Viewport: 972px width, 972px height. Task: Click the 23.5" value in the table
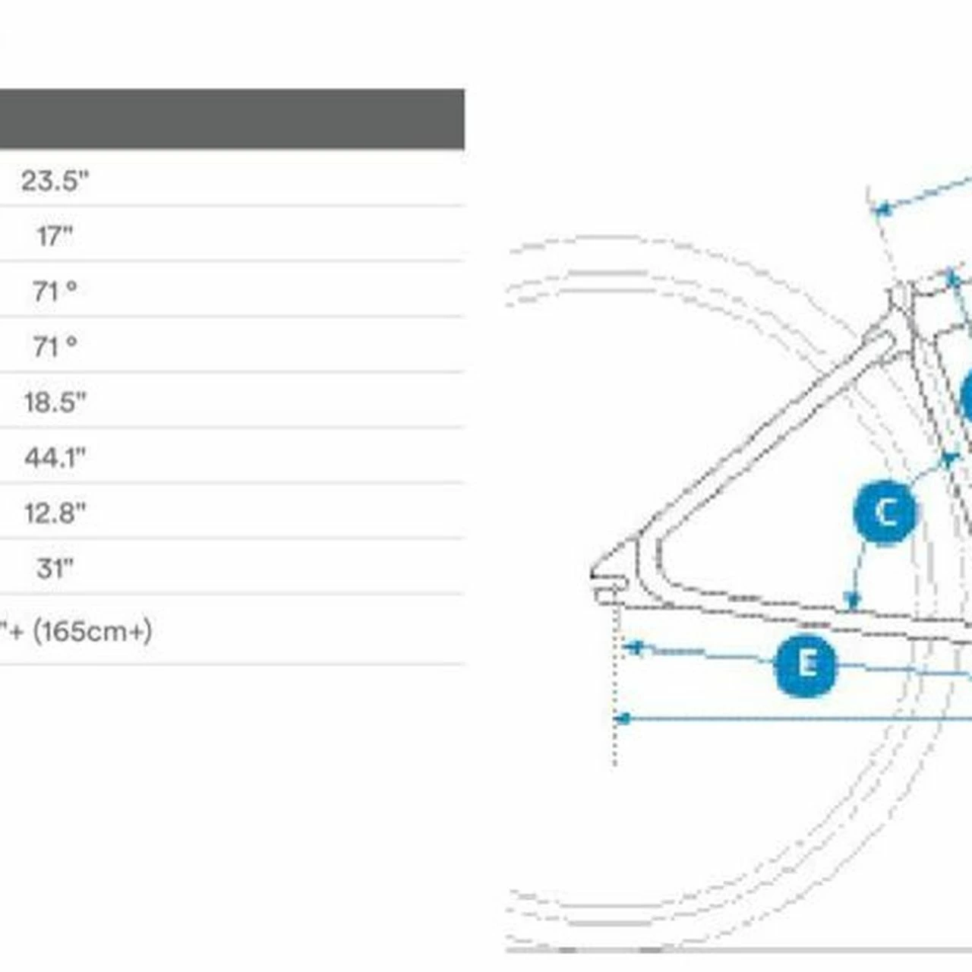tap(55, 180)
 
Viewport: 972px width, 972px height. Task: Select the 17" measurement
tap(55, 235)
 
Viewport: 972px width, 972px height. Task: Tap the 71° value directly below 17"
tap(55, 291)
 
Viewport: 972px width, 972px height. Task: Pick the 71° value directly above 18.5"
tap(55, 346)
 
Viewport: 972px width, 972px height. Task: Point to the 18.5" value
tap(55, 402)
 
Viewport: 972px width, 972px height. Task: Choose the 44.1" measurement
tap(55, 457)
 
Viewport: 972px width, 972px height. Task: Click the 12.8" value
tap(55, 513)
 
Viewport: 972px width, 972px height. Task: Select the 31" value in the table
tap(55, 569)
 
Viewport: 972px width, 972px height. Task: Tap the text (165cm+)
tap(93, 631)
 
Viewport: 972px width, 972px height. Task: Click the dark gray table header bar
tap(232, 119)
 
